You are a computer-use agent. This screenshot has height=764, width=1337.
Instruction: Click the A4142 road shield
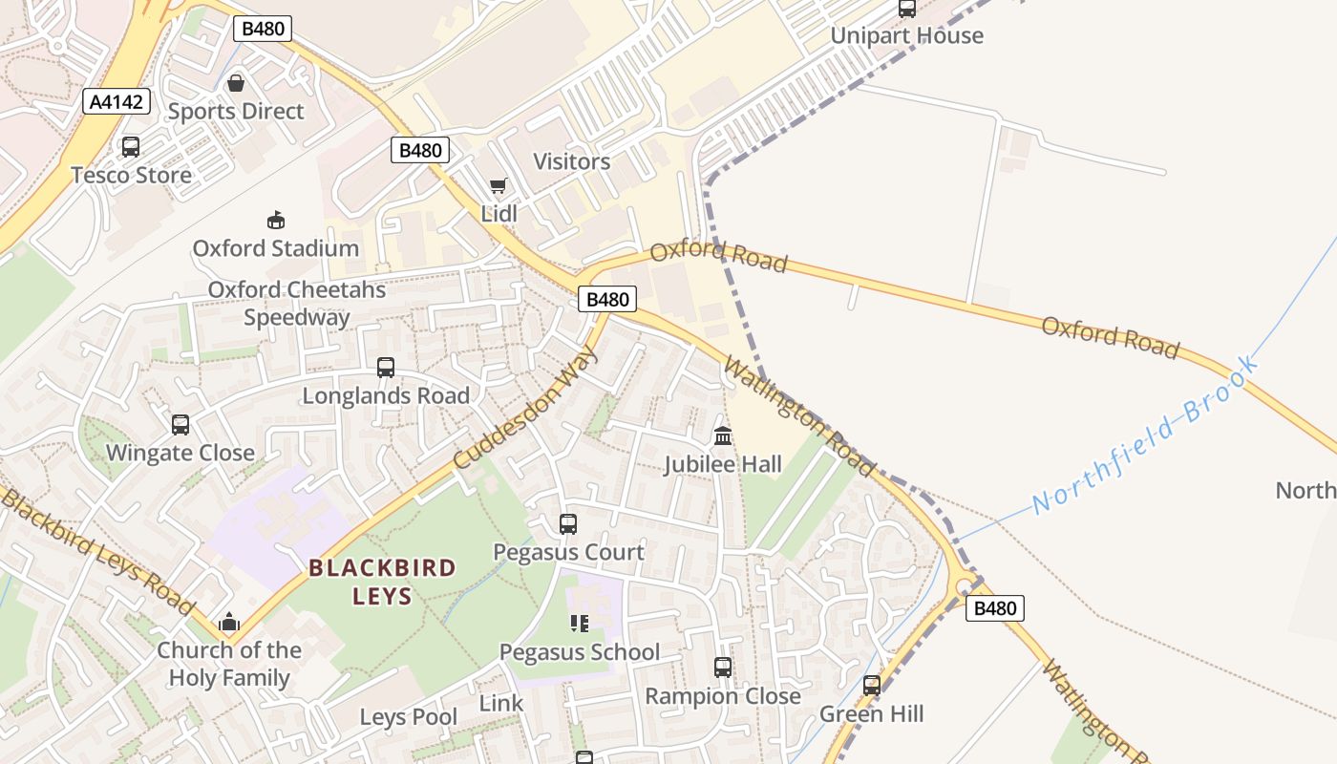point(117,101)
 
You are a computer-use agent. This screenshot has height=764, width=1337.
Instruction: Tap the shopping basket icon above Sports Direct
point(236,83)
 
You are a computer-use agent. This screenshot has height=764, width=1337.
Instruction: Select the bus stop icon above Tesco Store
point(131,147)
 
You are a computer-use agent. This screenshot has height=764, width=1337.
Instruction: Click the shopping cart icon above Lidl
point(498,185)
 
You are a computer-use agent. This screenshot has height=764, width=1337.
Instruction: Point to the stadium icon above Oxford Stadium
point(276,221)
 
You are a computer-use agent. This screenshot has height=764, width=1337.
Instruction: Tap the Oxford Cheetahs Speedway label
point(297,304)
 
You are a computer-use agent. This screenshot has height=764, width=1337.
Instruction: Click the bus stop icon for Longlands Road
point(386,368)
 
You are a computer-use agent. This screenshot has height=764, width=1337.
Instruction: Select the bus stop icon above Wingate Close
point(180,425)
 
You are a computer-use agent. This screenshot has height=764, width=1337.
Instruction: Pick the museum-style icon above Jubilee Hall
point(723,436)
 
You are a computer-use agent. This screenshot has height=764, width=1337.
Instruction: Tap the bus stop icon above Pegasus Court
point(568,524)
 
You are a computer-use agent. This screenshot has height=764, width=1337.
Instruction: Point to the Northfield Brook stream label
point(1146,435)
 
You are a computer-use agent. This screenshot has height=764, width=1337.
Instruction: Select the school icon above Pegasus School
point(579,624)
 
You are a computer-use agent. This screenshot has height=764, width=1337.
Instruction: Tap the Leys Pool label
point(409,717)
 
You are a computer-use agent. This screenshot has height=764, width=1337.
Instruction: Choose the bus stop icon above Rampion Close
point(723,668)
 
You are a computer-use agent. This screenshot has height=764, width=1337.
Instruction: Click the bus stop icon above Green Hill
point(872,686)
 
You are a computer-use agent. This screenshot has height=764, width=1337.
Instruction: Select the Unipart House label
point(906,36)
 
